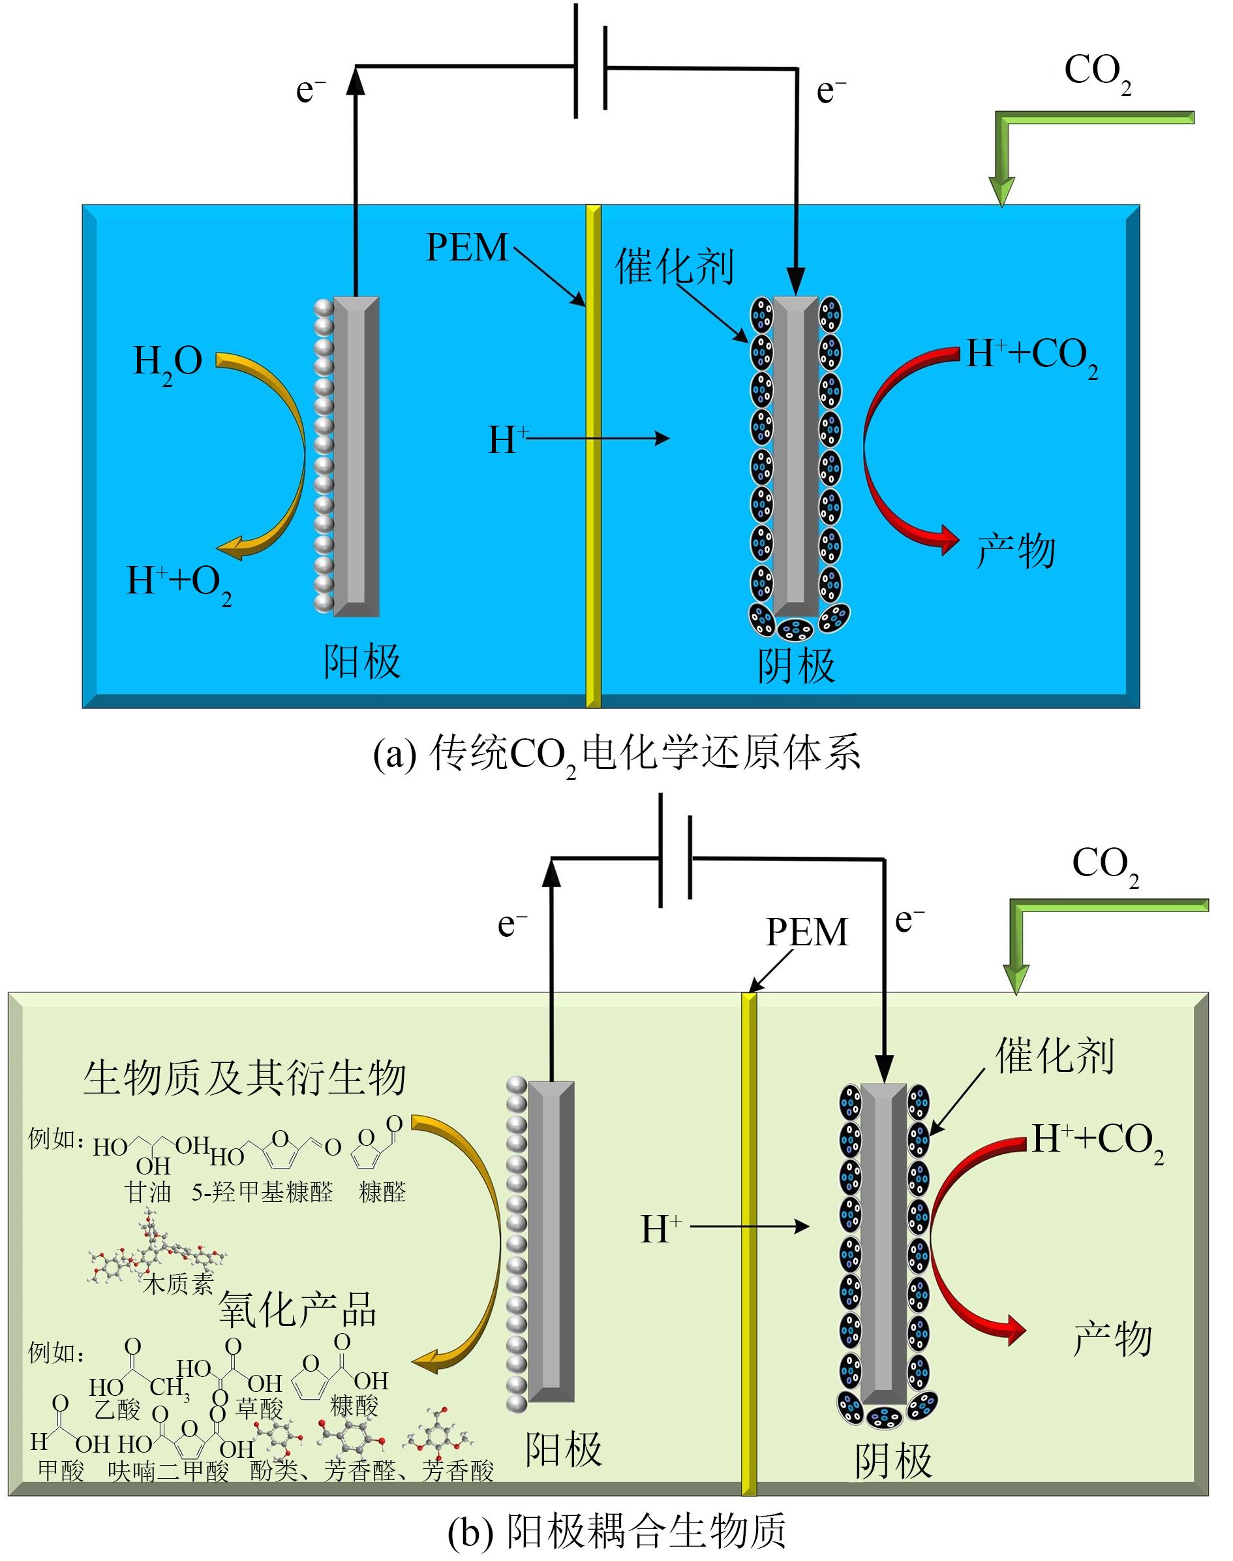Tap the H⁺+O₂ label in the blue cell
179,582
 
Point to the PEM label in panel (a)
467,248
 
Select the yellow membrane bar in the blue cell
592,455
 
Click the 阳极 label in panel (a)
361,661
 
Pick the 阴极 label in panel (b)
893,1461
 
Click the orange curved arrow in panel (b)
476,1242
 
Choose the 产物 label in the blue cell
1016,550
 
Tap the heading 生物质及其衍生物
245,1079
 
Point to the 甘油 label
148,1191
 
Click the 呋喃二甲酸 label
168,1471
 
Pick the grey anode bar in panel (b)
551,1242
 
